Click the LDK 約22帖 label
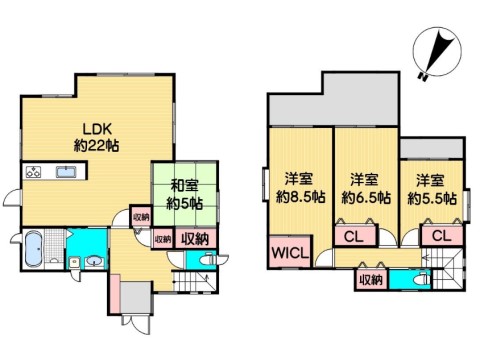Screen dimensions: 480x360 96,137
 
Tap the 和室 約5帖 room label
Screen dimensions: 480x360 184,195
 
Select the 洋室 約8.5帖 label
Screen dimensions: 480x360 300,189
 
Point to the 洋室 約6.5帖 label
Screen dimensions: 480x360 366,189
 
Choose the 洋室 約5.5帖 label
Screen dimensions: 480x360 432,189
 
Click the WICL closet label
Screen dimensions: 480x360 290,253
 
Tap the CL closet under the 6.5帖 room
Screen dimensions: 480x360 353,237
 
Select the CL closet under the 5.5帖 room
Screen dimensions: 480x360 442,236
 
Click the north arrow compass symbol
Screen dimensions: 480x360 437,52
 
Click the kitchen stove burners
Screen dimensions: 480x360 33,172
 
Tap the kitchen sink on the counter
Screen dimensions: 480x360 67,172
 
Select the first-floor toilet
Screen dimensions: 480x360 209,259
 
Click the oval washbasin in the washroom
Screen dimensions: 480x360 95,261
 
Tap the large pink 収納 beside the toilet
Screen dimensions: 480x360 195,239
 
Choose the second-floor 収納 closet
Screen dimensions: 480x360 371,280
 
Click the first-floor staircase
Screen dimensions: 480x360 195,282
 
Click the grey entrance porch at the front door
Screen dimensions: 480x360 137,298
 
